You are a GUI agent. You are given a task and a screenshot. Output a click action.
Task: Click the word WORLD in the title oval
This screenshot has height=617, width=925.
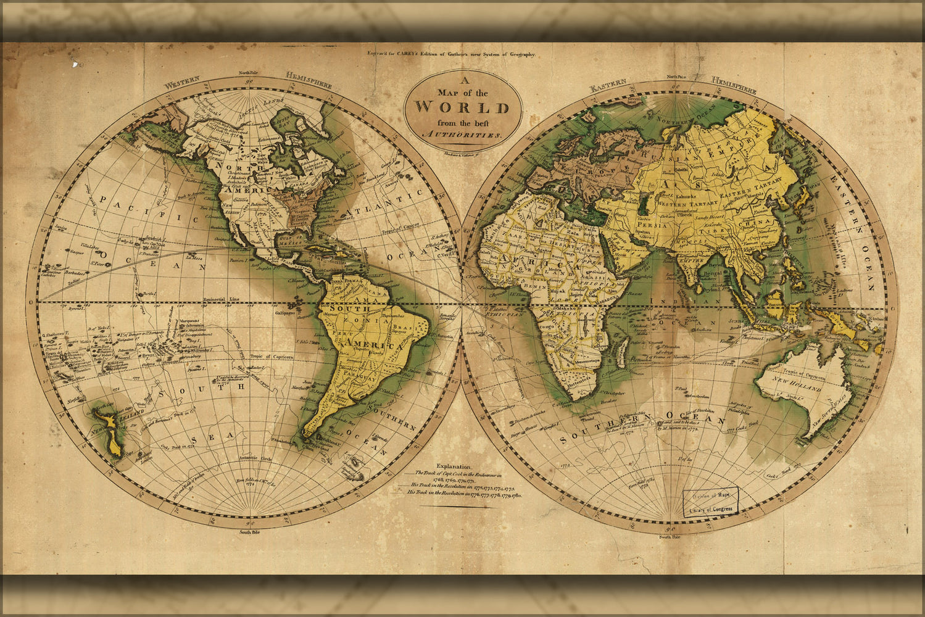coord(462,107)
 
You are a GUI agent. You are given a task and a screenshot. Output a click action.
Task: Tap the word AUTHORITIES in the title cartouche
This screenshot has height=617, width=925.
coord(462,134)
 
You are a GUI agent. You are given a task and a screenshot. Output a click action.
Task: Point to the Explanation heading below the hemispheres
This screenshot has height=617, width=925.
coord(454,467)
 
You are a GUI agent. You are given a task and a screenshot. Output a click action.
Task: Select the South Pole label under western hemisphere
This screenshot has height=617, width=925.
coord(250,531)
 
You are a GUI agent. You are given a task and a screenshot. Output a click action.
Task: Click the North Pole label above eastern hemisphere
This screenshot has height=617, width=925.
coord(673,77)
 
